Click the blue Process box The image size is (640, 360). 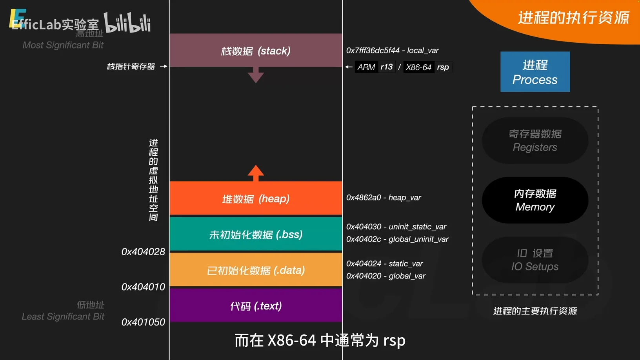coord(535,72)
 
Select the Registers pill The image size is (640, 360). coord(535,140)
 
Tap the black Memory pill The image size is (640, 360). coord(535,200)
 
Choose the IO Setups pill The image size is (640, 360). coord(535,260)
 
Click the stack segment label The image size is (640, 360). coord(256,51)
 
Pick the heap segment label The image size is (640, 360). coord(256,199)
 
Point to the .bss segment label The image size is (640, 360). coord(256,235)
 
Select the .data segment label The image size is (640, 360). coord(256,270)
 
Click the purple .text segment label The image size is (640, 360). coord(256,306)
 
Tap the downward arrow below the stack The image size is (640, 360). coord(256,75)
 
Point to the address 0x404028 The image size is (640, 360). coord(143,252)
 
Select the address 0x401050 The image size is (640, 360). coord(143,322)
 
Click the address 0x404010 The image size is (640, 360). coord(143,287)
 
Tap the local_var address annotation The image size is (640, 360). coord(392,51)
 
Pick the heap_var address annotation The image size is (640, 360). coord(383,198)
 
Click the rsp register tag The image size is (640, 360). coord(443,67)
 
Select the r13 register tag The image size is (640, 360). coord(386,67)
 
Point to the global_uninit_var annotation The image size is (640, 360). coord(397,239)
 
